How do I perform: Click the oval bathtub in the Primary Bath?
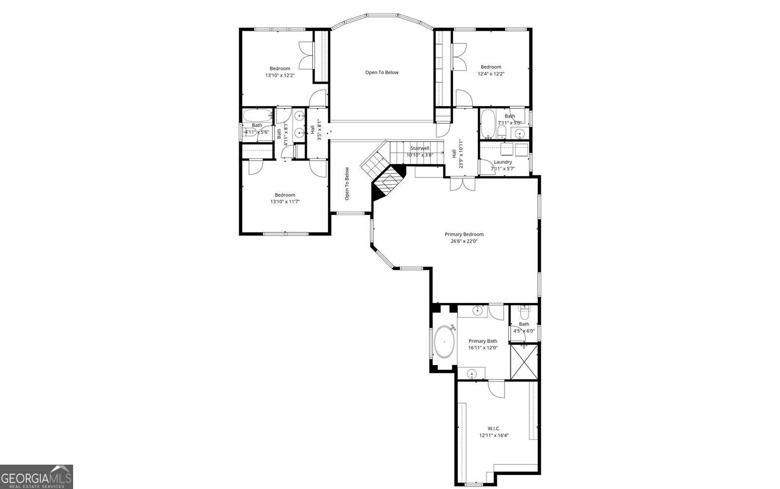pyautogui.click(x=444, y=341)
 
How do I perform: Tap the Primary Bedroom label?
pyautogui.click(x=464, y=234)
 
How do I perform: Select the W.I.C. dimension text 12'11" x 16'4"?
pyautogui.click(x=494, y=435)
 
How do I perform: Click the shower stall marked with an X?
pyautogui.click(x=524, y=361)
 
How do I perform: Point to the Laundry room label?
pyautogui.click(x=503, y=162)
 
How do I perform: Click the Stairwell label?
pyautogui.click(x=419, y=148)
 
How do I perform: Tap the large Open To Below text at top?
pyautogui.click(x=382, y=73)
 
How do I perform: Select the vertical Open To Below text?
pyautogui.click(x=347, y=184)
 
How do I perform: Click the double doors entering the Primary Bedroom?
pyautogui.click(x=462, y=184)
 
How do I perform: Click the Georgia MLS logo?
pyautogui.click(x=37, y=476)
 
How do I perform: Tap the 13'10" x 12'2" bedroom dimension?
pyautogui.click(x=280, y=75)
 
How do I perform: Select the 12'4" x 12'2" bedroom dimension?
pyautogui.click(x=490, y=74)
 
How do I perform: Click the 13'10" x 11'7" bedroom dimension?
pyautogui.click(x=285, y=201)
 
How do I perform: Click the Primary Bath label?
pyautogui.click(x=483, y=341)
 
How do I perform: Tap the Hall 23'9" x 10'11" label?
pyautogui.click(x=457, y=154)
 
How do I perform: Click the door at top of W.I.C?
pyautogui.click(x=496, y=388)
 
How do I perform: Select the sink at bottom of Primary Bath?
pyautogui.click(x=471, y=374)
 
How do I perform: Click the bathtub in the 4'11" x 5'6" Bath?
pyautogui.click(x=257, y=115)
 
